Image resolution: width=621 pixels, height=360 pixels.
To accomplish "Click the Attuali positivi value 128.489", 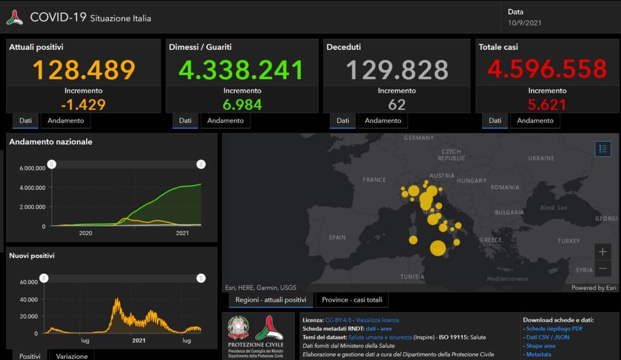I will coord(84,70).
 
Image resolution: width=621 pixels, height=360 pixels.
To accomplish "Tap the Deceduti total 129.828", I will coord(397,70).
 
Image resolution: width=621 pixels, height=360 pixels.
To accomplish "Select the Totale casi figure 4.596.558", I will coord(547,69).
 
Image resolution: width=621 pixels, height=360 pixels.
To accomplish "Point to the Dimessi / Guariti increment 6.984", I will coord(242,104).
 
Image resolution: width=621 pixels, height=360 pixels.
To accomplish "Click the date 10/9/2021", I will coord(525,23).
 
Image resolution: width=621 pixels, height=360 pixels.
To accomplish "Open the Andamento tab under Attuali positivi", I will coord(65,121).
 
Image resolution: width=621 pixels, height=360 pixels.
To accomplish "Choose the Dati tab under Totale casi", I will coord(495,121).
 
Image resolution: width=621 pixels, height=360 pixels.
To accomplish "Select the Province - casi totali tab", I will coord(352,300).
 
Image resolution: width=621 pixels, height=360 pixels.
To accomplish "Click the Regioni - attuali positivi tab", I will coord(270,300).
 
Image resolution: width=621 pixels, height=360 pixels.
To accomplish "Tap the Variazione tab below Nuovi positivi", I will coord(72,356).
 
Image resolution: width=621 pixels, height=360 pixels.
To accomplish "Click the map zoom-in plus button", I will coord(602,252).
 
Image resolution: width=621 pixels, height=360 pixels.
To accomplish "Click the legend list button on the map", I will coord(602,148).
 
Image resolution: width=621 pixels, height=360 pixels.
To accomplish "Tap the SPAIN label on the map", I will coord(337,238).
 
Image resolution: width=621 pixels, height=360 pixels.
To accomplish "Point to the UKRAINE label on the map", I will coord(541,158).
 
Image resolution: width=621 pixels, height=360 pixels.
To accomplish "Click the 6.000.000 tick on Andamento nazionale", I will coord(32,168).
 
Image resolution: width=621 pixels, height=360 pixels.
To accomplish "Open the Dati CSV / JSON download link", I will coord(548,337).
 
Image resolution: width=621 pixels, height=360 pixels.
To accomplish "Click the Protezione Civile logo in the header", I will coord(15,18).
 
